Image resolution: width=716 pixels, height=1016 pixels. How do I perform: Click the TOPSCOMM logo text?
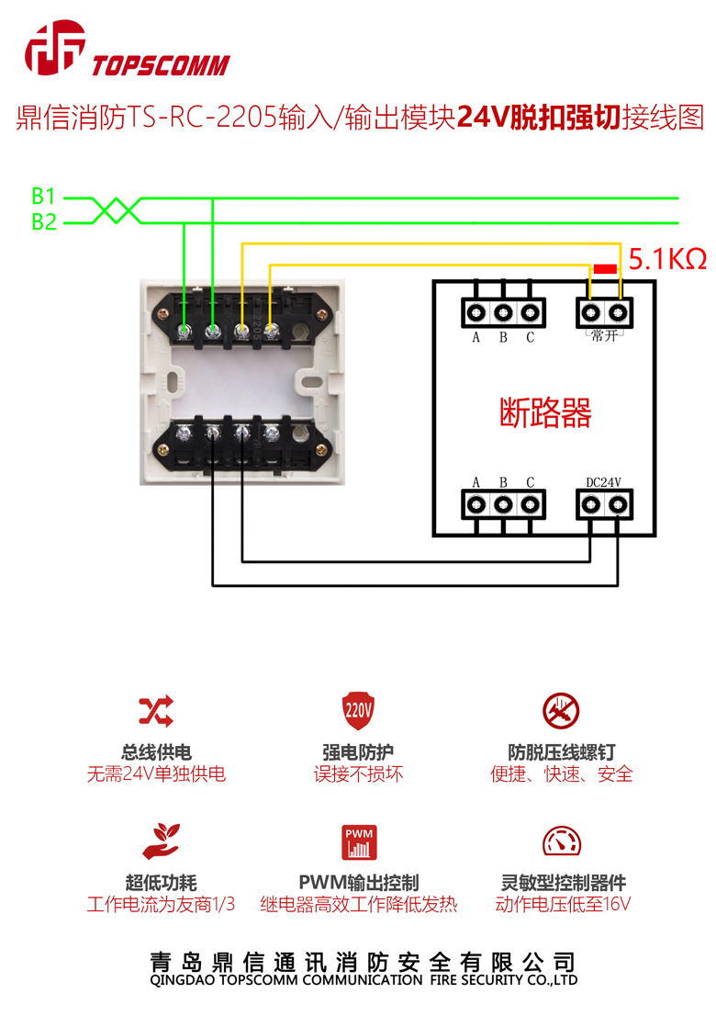click(x=161, y=65)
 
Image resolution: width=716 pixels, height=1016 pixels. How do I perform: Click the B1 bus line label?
click(x=44, y=196)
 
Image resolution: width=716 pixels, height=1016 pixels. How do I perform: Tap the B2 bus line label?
click(x=44, y=221)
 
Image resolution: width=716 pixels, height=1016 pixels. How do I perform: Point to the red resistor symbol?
click(x=605, y=268)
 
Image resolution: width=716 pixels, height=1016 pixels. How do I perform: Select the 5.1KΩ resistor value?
click(x=667, y=259)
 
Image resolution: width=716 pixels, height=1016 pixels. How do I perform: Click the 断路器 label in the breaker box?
click(x=545, y=412)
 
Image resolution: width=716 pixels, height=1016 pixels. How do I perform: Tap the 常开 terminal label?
click(x=604, y=336)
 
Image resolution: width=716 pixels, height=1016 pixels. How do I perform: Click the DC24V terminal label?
click(x=604, y=481)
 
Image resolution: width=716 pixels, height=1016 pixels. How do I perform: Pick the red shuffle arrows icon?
click(x=156, y=710)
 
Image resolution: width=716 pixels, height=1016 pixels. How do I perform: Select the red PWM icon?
click(x=359, y=841)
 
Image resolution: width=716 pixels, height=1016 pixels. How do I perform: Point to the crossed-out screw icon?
click(x=562, y=710)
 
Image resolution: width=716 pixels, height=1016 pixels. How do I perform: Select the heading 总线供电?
click(x=156, y=752)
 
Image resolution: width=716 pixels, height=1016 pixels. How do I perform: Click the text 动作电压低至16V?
click(x=563, y=904)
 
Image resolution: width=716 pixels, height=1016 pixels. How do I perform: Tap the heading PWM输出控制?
click(x=359, y=883)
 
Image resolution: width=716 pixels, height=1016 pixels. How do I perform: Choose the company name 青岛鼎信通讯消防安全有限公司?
click(x=364, y=962)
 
